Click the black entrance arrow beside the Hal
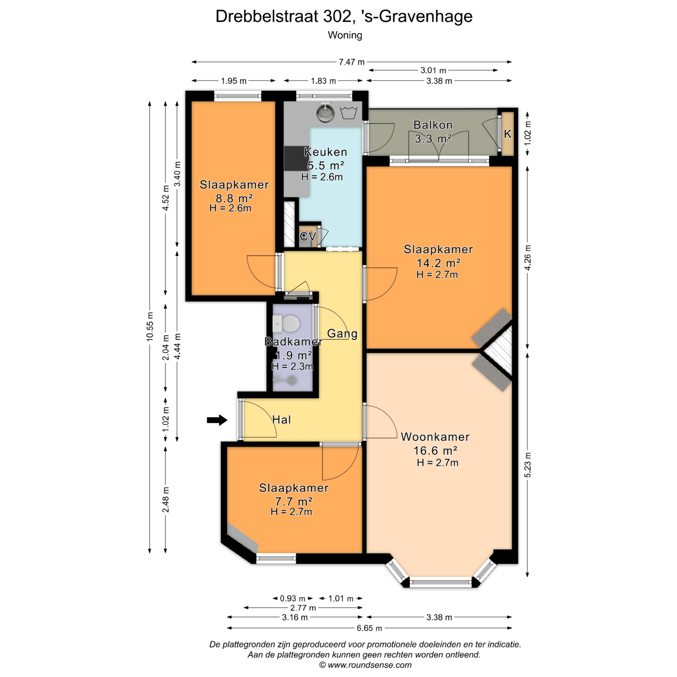coord(217,420)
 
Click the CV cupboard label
coord(308,236)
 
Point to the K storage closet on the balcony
coord(508,134)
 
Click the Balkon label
coord(433,125)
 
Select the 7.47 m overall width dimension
coord(352,62)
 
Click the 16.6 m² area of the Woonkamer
coord(435,451)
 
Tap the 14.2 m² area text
coord(438,263)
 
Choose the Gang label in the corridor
coord(342,334)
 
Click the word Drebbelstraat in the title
coord(267,16)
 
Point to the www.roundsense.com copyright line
coord(365,665)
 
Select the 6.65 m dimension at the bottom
coord(369,628)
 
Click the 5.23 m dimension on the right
coord(527,465)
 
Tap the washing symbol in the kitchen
coord(349,112)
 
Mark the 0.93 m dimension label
coord(293,598)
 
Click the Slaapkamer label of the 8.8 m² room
coord(234,185)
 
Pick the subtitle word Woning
coord(345,35)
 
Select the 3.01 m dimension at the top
coord(433,70)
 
